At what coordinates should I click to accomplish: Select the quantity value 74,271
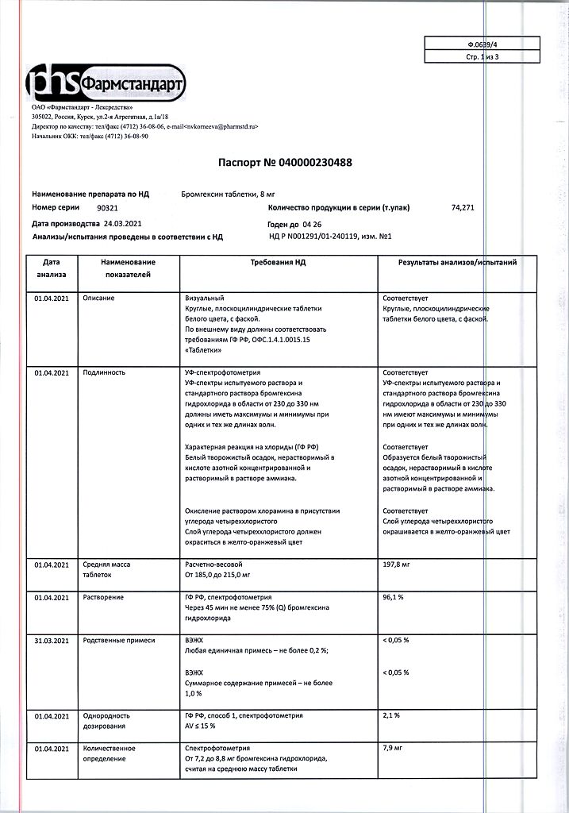pyautogui.click(x=462, y=206)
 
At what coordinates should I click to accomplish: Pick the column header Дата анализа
pyautogui.click(x=52, y=268)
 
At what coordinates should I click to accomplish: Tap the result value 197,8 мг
pyautogui.click(x=397, y=564)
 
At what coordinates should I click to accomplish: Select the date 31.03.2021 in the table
pyautogui.click(x=52, y=639)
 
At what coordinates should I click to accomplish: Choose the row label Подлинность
pyautogui.click(x=104, y=372)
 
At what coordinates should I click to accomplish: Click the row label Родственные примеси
pyautogui.click(x=119, y=639)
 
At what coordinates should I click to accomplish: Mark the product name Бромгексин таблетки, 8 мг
pyautogui.click(x=233, y=194)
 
